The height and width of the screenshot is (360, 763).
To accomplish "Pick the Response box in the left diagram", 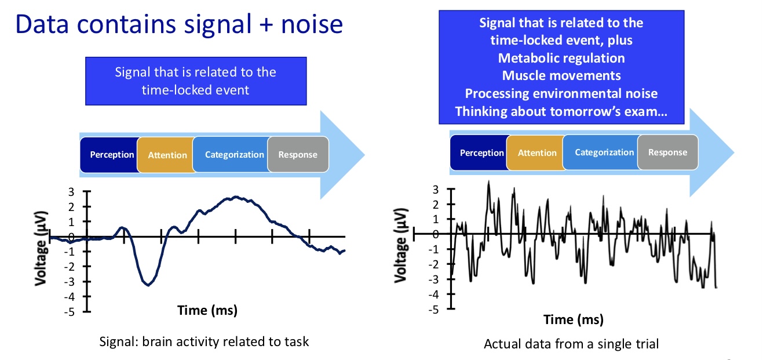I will pos(298,155).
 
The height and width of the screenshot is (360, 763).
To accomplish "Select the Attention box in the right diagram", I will pos(536,153).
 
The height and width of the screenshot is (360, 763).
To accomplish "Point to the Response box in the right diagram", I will pos(667,152).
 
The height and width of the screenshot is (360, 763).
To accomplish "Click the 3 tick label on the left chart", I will pos(71,192).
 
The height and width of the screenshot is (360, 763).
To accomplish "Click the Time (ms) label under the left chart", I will pos(207,310).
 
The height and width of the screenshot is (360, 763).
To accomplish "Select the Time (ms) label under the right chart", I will pos(573,319).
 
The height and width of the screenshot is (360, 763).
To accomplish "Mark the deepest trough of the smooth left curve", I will pos(148,285).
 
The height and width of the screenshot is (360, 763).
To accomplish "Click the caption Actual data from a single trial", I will pos(571,344).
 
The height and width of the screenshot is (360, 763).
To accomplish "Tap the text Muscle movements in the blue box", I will pos(561,75).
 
